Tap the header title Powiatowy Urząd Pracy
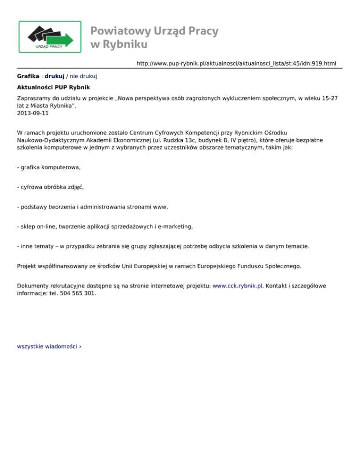click(x=154, y=31)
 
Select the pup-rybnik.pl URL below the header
click(x=236, y=63)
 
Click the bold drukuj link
click(x=54, y=75)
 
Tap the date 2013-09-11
click(x=32, y=113)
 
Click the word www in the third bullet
click(x=160, y=206)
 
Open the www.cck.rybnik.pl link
click(x=238, y=285)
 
